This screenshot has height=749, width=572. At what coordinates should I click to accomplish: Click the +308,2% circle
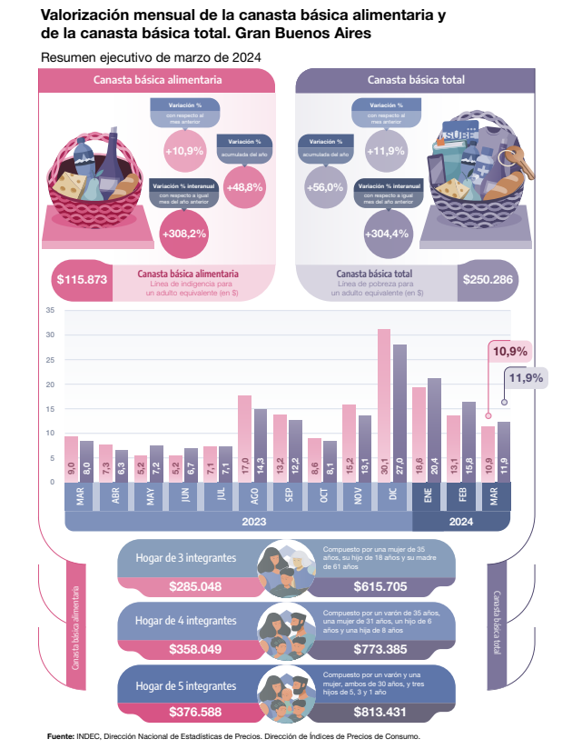coord(183,234)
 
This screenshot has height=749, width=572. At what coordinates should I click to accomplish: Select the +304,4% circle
coord(386,234)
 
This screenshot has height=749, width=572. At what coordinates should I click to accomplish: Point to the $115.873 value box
coord(82,279)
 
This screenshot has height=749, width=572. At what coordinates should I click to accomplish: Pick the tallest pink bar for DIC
coord(384,404)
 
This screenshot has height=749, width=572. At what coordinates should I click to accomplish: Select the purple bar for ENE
coord(434,429)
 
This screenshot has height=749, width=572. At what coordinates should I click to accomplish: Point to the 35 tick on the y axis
coord(49,311)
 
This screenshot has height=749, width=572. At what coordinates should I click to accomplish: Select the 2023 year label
coord(253,523)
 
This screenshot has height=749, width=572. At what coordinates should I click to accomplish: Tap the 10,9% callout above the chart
coord(510,351)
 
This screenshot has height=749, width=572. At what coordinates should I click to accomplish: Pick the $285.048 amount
coord(195,586)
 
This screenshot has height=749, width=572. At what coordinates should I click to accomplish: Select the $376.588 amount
coord(195,711)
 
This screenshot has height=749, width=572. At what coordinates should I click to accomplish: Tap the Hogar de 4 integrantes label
coord(186,621)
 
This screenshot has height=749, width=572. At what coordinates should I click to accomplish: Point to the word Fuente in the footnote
coord(61,736)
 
